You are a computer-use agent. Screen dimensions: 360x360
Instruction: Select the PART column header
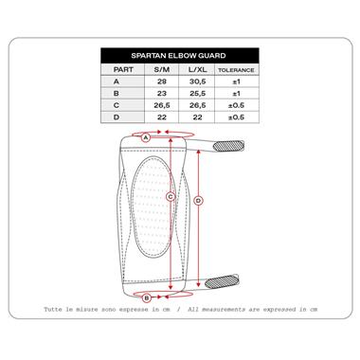click(123, 69)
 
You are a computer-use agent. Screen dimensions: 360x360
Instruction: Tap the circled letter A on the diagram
click(146, 137)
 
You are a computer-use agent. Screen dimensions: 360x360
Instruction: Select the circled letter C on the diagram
click(170, 197)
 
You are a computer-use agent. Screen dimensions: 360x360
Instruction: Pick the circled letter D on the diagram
click(197, 201)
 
